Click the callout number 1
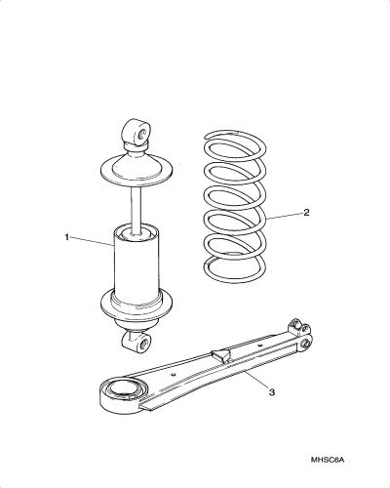[67, 237]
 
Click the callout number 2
[306, 213]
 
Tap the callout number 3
[272, 392]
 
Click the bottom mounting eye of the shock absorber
[136, 342]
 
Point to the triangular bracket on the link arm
[220, 355]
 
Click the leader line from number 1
[92, 241]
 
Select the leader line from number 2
[285, 216]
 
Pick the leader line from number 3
[256, 380]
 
